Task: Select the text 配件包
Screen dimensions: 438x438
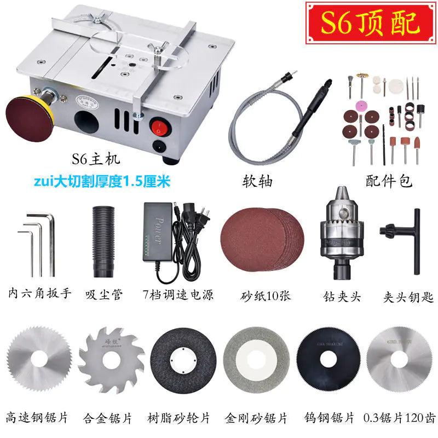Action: coord(389,181)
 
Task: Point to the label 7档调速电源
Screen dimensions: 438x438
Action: coord(177,295)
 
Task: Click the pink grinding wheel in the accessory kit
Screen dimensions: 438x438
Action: coord(362,105)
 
